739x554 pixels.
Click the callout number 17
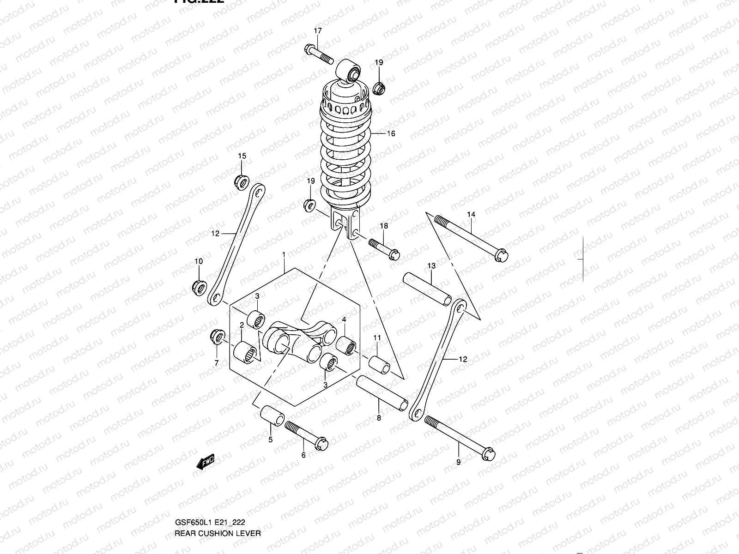[x=318, y=31]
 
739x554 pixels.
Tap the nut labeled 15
[x=242, y=181]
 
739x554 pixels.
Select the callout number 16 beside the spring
[x=391, y=134]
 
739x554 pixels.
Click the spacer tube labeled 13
[x=428, y=289]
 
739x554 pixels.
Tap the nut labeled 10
[x=199, y=287]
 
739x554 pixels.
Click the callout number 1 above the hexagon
[x=284, y=255]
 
